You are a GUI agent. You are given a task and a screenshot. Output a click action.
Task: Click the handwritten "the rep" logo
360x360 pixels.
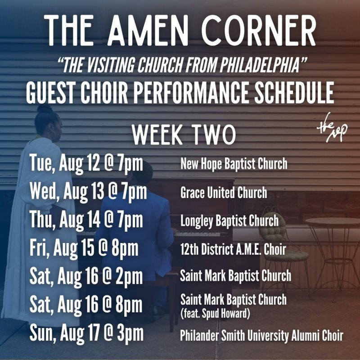(x=332, y=129)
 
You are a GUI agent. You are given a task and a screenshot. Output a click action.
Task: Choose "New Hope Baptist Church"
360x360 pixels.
(x=234, y=163)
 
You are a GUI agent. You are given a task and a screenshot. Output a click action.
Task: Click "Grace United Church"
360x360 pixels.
(x=223, y=193)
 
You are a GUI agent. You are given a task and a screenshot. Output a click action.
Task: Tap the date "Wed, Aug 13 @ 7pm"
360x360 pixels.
(x=88, y=192)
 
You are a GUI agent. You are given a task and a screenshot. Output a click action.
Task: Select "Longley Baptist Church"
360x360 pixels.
(x=229, y=221)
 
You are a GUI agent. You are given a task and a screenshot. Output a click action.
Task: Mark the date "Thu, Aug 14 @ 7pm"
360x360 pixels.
(x=86, y=220)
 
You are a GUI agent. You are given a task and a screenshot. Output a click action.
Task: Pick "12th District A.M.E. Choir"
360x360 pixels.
(x=233, y=249)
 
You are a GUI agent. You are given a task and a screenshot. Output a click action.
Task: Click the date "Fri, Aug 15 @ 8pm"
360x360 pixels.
(x=84, y=249)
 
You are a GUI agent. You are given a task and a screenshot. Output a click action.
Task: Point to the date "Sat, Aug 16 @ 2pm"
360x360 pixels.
(x=86, y=275)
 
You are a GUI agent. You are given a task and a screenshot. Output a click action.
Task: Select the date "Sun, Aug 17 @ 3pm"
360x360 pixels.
(x=87, y=334)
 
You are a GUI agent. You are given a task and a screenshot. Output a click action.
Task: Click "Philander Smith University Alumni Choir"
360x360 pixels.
(x=261, y=336)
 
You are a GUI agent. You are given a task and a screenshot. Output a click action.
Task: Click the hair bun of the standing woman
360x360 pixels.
(x=44, y=108)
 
